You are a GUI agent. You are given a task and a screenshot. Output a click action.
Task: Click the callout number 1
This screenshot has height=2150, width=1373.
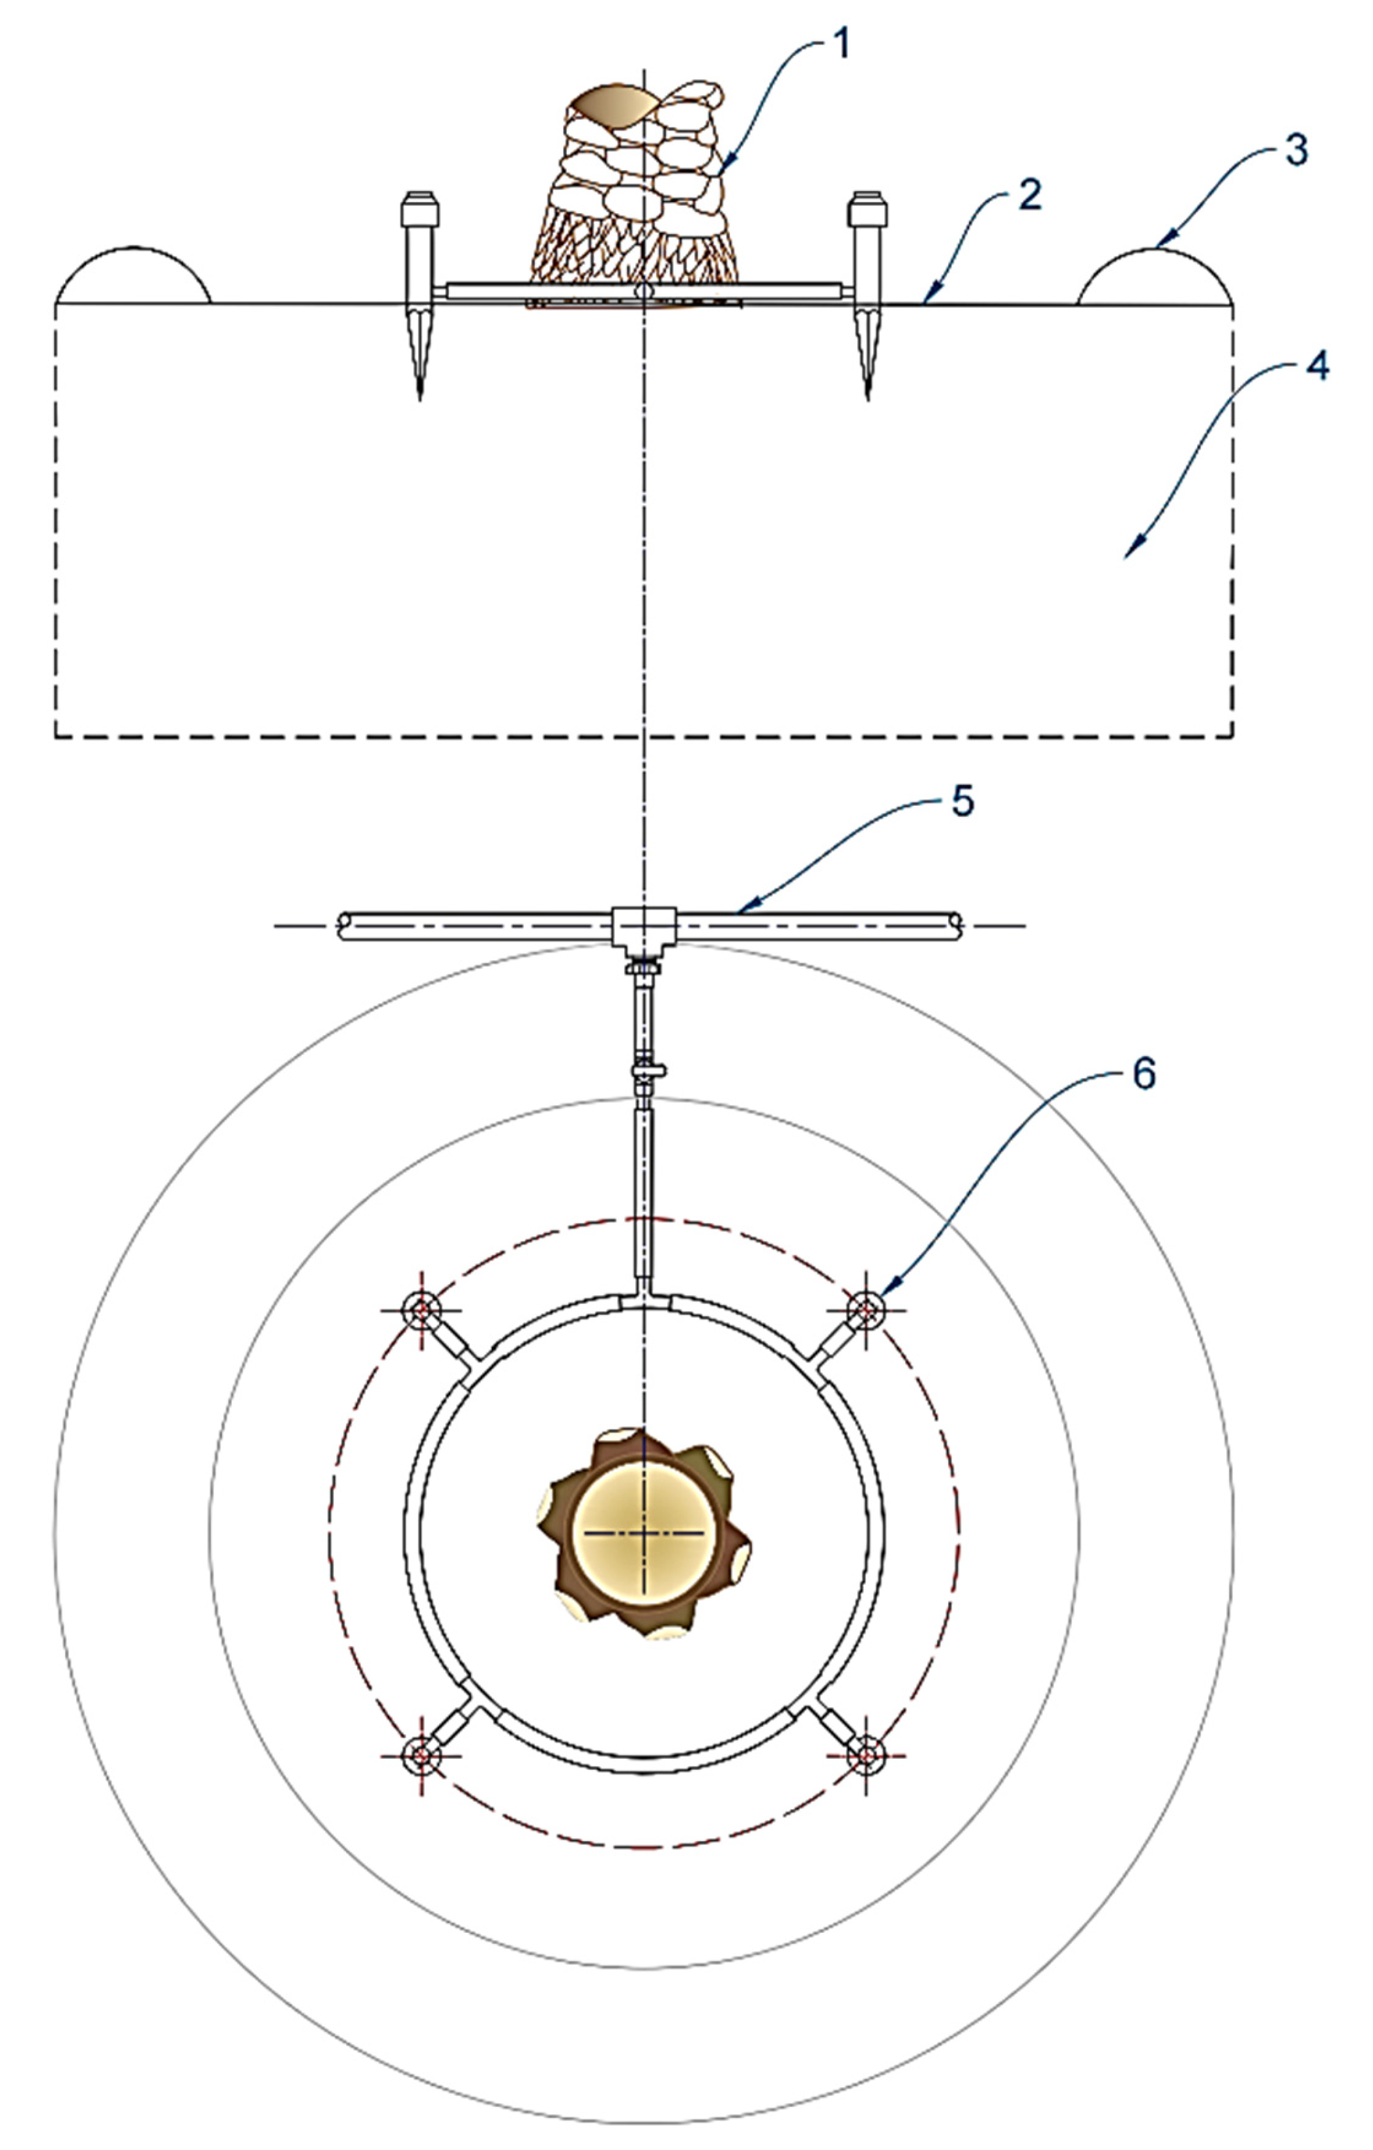(840, 44)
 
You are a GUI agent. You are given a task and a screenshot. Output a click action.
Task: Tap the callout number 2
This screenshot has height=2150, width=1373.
(1030, 196)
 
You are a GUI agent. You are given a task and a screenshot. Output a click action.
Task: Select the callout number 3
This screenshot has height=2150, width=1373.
(1296, 149)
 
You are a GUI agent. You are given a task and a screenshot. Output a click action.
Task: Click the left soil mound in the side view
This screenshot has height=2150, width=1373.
(133, 276)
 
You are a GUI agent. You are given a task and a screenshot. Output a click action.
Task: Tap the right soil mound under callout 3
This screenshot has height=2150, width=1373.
(1155, 277)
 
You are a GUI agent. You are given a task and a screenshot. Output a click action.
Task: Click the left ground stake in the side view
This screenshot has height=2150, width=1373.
(420, 295)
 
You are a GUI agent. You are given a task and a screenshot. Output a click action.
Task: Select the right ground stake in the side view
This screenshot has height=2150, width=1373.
(867, 295)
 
